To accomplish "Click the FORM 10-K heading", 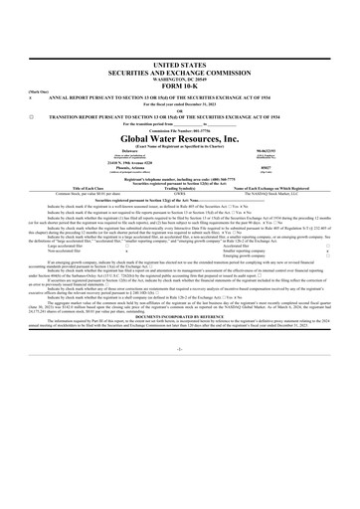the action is pos(179,86).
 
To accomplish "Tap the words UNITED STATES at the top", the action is pos(179,63).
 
